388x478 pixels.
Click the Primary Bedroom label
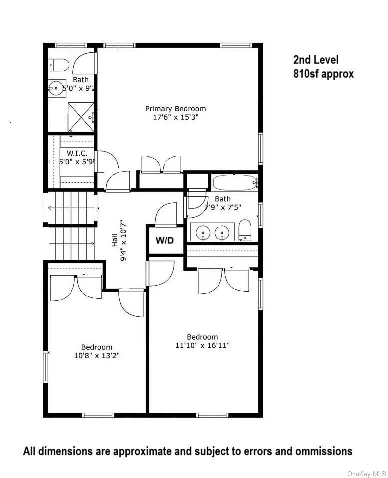coord(175,108)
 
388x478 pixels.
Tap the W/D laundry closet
coord(164,240)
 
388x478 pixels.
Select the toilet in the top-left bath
coord(58,65)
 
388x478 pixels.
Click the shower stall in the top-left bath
coord(80,116)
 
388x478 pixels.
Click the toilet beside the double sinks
coord(245,230)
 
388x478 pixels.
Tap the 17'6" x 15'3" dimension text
coord(175,118)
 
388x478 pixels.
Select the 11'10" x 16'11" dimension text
coord(202,345)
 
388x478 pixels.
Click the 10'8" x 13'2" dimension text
coord(97,356)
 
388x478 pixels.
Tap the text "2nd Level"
coord(316,60)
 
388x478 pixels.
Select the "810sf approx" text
coord(323,74)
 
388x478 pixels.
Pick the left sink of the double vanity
coord(203,232)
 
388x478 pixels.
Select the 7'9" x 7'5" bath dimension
coord(216,207)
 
